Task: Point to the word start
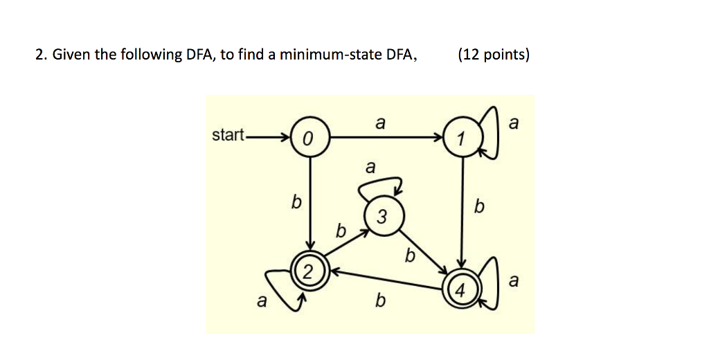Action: click(228, 135)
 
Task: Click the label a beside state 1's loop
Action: click(513, 123)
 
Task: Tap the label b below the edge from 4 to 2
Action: click(379, 301)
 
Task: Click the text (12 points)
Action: click(494, 55)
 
